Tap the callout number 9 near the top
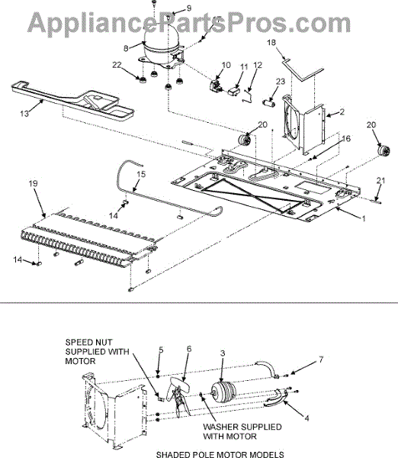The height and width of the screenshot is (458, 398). pyautogui.click(x=188, y=8)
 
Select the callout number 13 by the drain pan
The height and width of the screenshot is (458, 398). pyautogui.click(x=24, y=113)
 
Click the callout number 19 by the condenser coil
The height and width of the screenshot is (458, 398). pyautogui.click(x=34, y=184)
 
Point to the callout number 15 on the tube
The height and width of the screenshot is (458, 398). pyautogui.click(x=141, y=174)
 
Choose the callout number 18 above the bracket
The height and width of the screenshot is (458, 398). pyautogui.click(x=271, y=43)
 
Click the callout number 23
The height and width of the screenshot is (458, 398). pyautogui.click(x=280, y=81)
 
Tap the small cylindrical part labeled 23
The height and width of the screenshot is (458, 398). pyautogui.click(x=269, y=104)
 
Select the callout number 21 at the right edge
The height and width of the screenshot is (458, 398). pyautogui.click(x=380, y=180)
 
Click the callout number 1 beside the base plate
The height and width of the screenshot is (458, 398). pyautogui.click(x=364, y=218)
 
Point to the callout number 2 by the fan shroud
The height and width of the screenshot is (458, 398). pyautogui.click(x=342, y=111)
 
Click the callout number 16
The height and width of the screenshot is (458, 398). pyautogui.click(x=346, y=138)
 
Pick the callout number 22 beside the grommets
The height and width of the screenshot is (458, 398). pyautogui.click(x=117, y=65)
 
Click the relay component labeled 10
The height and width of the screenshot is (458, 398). pyautogui.click(x=217, y=85)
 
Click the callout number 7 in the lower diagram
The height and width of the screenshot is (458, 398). pyautogui.click(x=321, y=360)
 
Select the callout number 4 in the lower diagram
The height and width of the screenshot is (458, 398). pyautogui.click(x=307, y=418)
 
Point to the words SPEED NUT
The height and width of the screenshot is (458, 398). pyautogui.click(x=85, y=342)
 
